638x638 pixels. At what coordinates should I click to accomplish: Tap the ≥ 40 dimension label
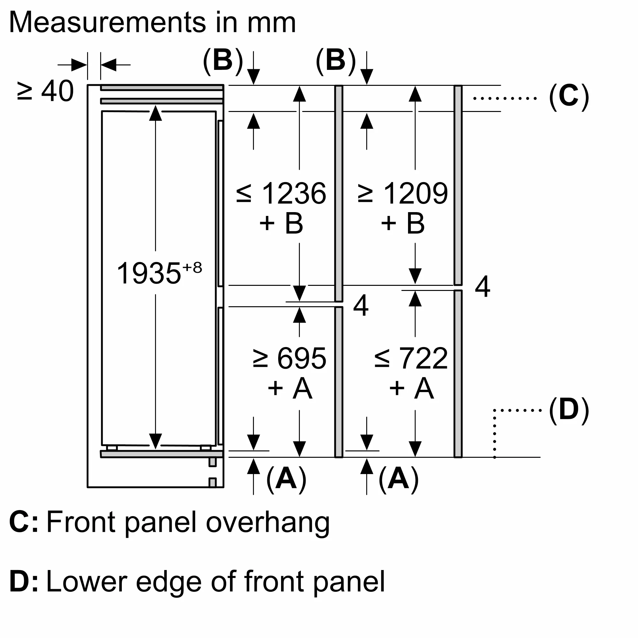[x=45, y=91]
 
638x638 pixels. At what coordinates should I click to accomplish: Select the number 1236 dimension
[x=293, y=194]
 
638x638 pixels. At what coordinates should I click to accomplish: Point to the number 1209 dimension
[x=415, y=194]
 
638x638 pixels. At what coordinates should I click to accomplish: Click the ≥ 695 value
[x=290, y=359]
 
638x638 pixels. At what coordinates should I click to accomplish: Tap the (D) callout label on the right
[x=569, y=411]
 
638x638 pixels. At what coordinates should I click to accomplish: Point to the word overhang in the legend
[x=268, y=523]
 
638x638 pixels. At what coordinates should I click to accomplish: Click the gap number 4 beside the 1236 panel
[x=360, y=306]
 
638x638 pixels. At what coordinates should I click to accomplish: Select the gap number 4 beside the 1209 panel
[x=482, y=287]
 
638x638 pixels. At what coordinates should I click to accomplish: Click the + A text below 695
[x=290, y=388]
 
